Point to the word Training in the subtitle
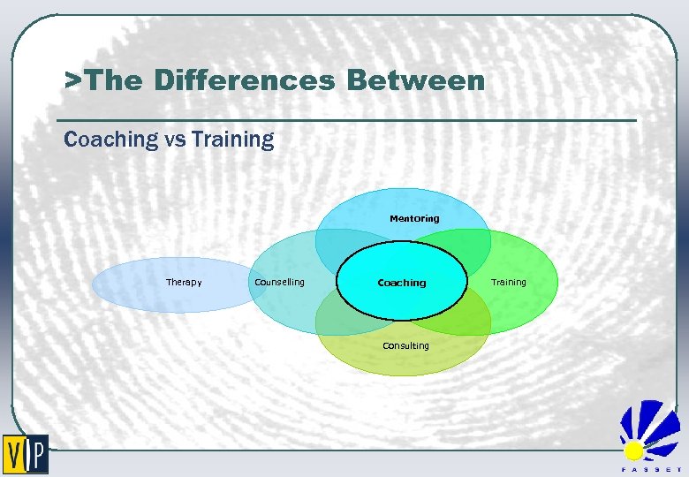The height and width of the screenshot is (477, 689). (x=232, y=140)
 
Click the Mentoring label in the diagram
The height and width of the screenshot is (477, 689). (x=414, y=218)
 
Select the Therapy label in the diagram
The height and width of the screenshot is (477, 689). (x=184, y=283)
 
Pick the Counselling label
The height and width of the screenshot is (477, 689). (x=279, y=283)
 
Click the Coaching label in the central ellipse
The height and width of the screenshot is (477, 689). (x=402, y=284)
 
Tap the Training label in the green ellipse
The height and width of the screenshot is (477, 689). (x=508, y=283)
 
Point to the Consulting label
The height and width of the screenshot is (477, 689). (x=405, y=346)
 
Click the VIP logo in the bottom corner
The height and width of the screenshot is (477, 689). (x=26, y=455)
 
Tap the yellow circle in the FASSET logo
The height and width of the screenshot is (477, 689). (x=633, y=451)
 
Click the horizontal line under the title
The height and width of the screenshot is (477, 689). (x=345, y=120)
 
